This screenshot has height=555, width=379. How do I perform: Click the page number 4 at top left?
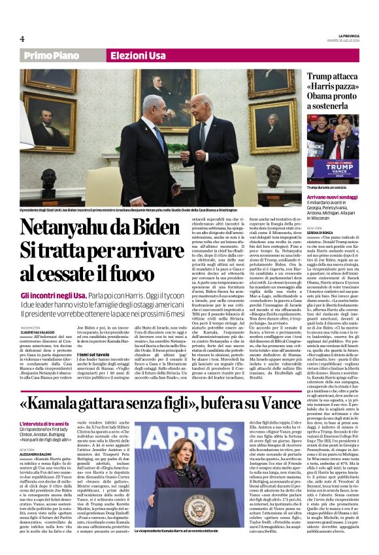[22, 39]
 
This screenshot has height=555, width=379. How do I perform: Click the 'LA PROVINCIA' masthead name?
[348, 35]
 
